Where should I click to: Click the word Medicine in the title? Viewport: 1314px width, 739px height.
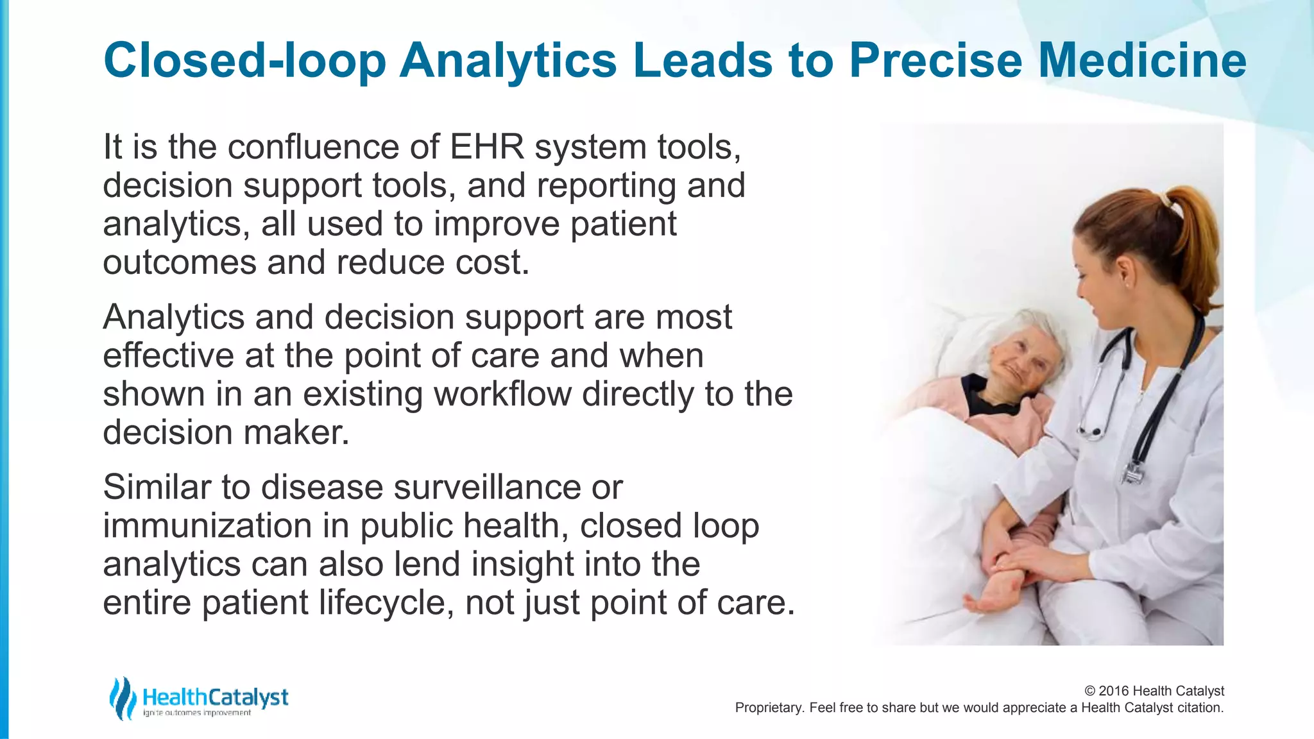click(1142, 60)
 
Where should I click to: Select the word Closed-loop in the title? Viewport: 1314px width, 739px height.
click(244, 60)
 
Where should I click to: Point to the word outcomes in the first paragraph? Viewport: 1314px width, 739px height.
click(180, 263)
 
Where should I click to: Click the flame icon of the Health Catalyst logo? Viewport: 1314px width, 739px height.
click(122, 698)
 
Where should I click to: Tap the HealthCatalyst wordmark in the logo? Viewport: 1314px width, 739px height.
click(215, 697)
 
